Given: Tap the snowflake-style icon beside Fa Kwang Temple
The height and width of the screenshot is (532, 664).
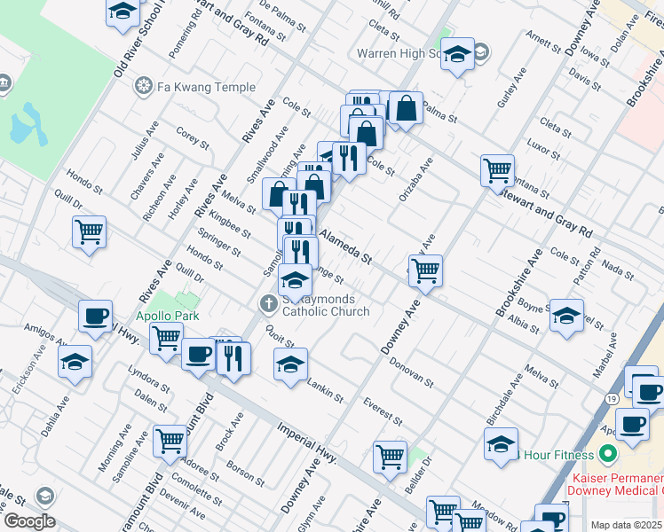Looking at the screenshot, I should tap(142, 87).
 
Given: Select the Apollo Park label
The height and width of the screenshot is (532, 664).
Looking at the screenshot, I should tap(167, 316).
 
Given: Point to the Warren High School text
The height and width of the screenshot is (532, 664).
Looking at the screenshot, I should tap(399, 53).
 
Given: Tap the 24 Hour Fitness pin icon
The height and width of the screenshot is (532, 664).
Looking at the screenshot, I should tap(608, 455).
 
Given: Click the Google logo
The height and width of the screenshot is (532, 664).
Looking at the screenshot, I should tap(29, 521).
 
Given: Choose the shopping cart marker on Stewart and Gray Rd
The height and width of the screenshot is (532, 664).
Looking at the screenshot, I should tap(497, 168).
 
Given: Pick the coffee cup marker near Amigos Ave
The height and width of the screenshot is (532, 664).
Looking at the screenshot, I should tap(95, 317).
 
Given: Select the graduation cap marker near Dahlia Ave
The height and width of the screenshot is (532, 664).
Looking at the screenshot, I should tap(75, 362).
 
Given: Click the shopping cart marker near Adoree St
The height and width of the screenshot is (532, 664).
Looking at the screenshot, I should tap(170, 441).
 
